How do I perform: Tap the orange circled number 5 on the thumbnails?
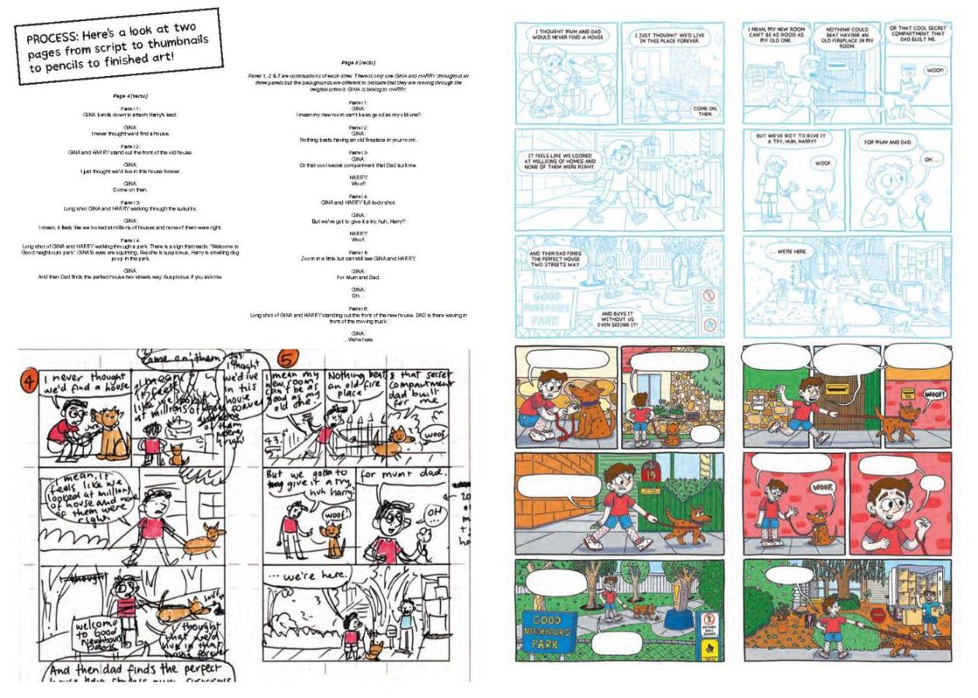point(286,361)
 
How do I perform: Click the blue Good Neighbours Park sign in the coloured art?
point(550,630)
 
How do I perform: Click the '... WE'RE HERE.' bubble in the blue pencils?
point(791,252)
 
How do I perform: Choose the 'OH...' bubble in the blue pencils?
point(931,160)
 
